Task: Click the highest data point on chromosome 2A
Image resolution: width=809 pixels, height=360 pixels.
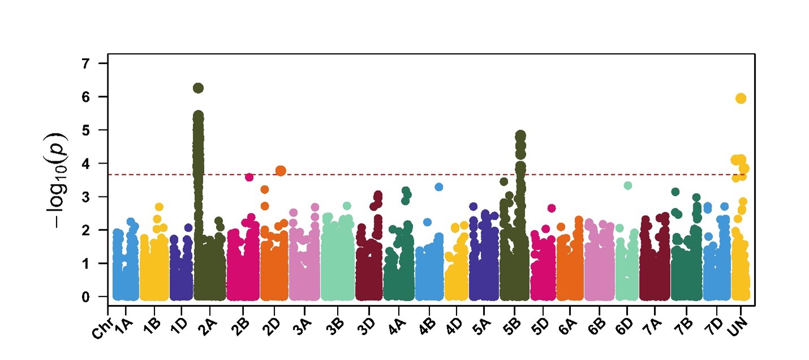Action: click(x=198, y=88)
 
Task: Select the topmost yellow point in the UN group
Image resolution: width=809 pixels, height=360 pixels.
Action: click(x=741, y=98)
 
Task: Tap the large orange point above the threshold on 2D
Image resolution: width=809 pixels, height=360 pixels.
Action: click(x=281, y=170)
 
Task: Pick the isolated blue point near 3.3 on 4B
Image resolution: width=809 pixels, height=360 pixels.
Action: click(x=438, y=187)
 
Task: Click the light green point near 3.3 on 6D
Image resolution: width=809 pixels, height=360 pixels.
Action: click(x=627, y=185)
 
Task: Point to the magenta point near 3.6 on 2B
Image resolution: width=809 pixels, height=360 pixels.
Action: click(x=249, y=177)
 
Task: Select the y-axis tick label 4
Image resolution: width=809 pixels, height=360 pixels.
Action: click(x=87, y=163)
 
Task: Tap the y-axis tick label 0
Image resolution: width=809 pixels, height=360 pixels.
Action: click(x=87, y=297)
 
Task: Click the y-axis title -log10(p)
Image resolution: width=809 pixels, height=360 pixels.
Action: click(x=58, y=180)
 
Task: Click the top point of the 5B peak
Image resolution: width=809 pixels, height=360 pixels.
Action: click(x=520, y=135)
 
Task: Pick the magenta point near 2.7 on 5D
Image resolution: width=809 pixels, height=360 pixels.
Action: click(x=552, y=208)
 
